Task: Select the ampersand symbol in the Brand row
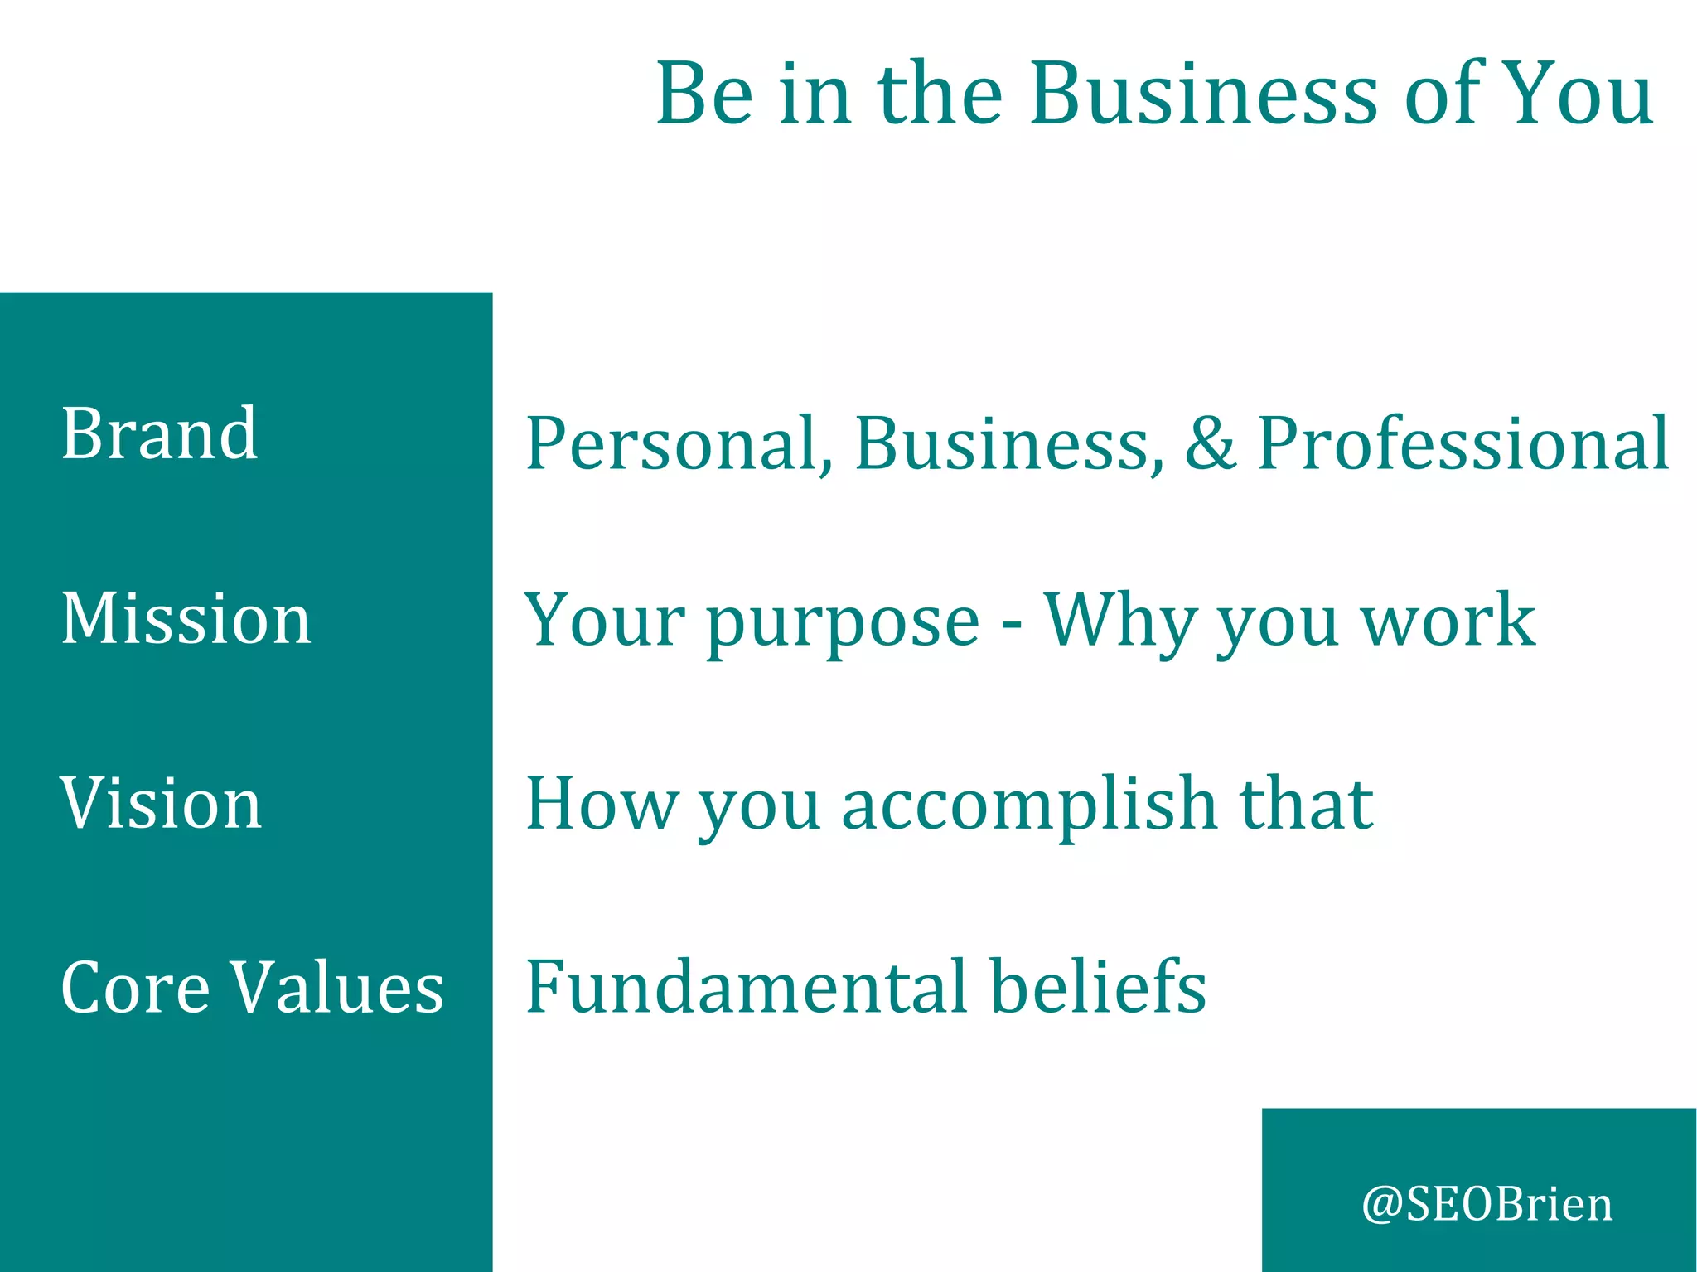click(x=1211, y=443)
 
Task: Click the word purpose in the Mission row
click(x=843, y=623)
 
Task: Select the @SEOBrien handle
click(x=1487, y=1204)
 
